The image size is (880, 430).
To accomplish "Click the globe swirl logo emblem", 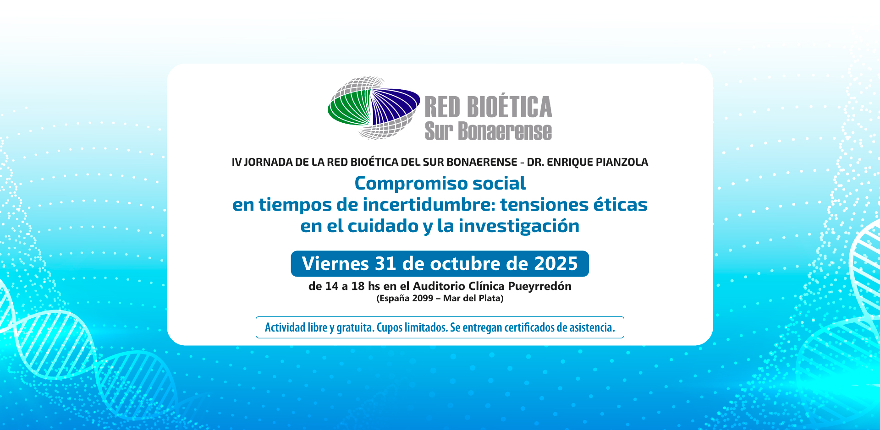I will pos(374,108).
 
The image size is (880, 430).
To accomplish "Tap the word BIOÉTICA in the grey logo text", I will pos(509,107).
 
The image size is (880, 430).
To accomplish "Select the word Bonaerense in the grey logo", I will pos(505,131).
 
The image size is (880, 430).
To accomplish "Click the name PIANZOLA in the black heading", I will pos(621,162).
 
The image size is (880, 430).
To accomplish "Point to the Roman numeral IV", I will pos(236,162).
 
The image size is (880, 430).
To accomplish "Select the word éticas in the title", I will pos(620,205).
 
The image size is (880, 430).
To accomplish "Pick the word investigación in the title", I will pos(519,226).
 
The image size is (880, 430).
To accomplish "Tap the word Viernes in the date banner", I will pos(335,264).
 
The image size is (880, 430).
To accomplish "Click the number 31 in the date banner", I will pos(385,264).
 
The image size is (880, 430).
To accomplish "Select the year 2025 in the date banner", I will pos(556,264).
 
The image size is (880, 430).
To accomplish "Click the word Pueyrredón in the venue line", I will pos(539,286).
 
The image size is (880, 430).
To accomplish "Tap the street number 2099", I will pos(423,299).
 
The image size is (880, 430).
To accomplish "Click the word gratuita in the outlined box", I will pos(355,327).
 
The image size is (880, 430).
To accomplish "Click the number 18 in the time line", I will pos(357,286).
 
